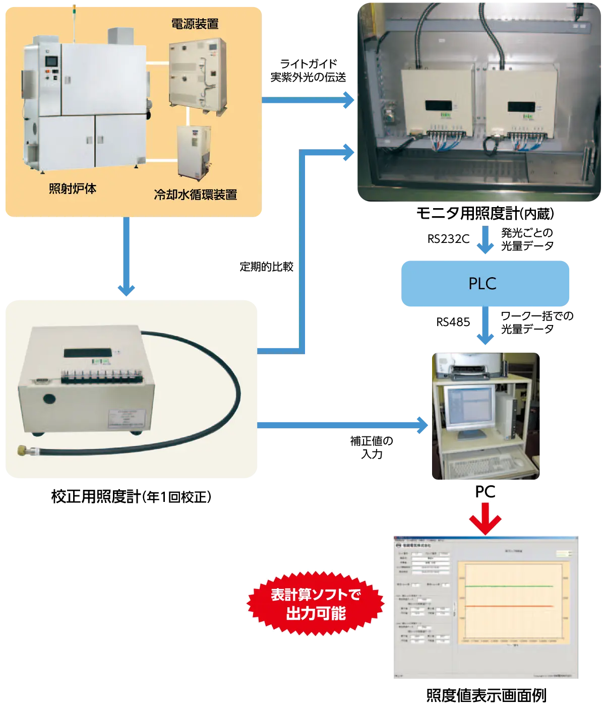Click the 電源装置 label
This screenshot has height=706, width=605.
195,24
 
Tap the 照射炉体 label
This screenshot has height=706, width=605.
73,189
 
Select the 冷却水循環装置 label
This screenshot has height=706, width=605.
196,195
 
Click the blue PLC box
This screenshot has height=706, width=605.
485,283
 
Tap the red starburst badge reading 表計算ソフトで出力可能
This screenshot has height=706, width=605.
316,604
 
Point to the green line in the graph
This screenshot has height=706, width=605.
509,586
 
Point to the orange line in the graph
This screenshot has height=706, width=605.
509,606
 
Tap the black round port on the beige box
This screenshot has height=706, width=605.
49,398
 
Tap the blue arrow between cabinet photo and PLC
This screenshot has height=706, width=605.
485,240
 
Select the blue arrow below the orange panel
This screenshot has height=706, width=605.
126,257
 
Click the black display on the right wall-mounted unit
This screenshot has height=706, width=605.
521,107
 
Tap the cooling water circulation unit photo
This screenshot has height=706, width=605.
193,152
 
